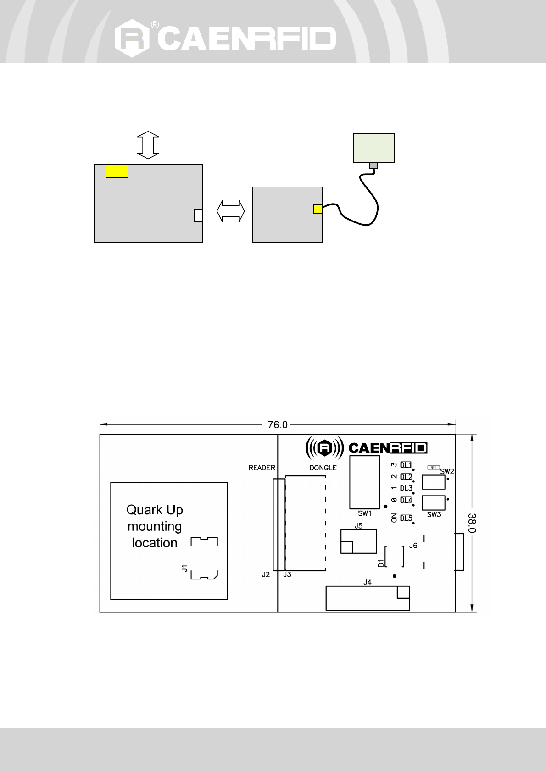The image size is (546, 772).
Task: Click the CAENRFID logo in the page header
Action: [225, 38]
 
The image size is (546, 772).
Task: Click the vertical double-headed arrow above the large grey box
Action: [148, 146]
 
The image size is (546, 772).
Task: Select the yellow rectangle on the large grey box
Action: [117, 171]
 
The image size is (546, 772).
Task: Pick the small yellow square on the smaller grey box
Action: [318, 209]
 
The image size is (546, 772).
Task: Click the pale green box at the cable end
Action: [373, 148]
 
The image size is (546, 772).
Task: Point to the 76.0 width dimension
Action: [278, 425]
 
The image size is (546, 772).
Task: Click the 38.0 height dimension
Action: [473, 523]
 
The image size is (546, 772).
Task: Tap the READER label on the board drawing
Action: [262, 468]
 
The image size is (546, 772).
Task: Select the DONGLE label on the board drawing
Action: [323, 468]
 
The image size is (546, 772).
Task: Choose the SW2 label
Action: [447, 471]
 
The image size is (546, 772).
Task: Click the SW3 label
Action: [434, 514]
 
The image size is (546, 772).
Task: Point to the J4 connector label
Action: [367, 583]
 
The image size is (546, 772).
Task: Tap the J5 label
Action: [358, 526]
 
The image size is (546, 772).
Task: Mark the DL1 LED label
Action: [406, 465]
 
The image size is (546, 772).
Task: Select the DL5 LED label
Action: [406, 518]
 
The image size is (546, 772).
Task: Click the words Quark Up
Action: [155, 510]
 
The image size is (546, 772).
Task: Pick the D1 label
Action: [380, 563]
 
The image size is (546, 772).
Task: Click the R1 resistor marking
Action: [433, 467]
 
